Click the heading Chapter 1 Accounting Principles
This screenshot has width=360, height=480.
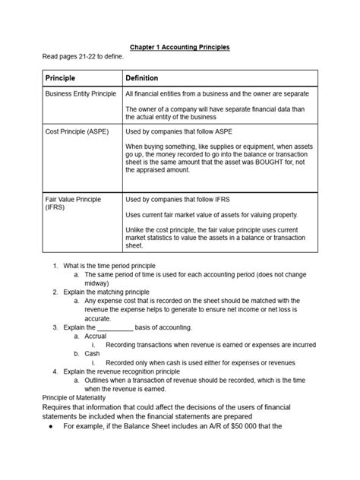[x=180, y=47]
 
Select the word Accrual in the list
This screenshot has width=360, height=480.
[x=96, y=336]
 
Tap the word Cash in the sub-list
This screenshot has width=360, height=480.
[x=92, y=353]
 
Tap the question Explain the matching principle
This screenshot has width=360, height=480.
[x=106, y=292]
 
